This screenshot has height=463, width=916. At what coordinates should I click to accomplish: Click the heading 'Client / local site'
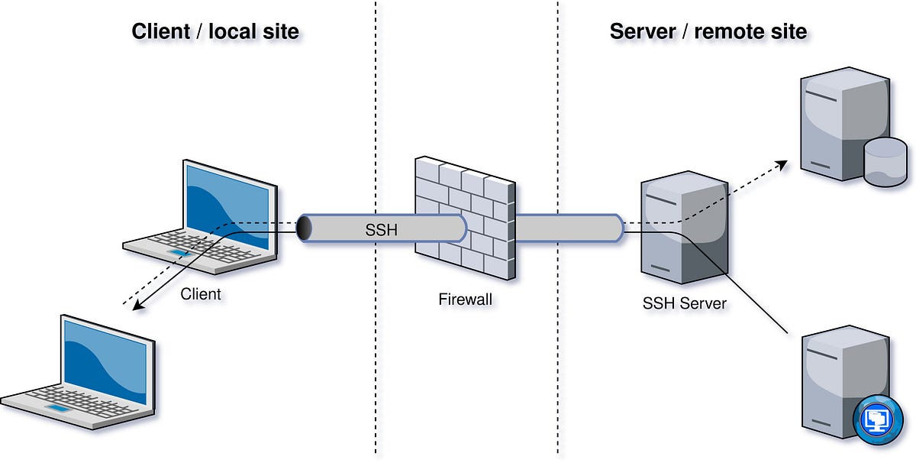click(x=215, y=31)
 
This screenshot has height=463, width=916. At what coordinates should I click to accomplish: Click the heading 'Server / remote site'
click(x=708, y=31)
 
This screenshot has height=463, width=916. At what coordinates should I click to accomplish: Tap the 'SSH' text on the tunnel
click(x=382, y=228)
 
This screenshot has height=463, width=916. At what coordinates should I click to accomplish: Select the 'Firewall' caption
click(x=465, y=299)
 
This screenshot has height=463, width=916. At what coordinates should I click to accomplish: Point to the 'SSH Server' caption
click(x=685, y=303)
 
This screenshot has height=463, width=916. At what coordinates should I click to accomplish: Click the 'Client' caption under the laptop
click(x=201, y=293)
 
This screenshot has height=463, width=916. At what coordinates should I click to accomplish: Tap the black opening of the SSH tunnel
click(x=304, y=228)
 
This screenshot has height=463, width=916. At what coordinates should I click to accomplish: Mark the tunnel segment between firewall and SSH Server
click(x=569, y=228)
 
